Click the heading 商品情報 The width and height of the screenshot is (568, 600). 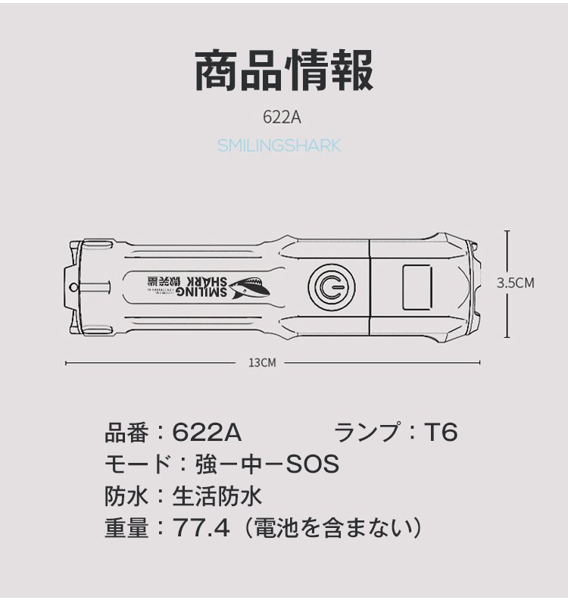point(284,72)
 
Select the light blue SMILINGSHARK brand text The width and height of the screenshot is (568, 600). point(279,145)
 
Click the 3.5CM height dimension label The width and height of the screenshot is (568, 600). point(516,283)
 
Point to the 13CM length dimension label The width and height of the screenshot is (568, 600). point(262,363)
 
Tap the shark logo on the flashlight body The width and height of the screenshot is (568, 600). point(247,286)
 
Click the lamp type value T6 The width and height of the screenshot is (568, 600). point(440,433)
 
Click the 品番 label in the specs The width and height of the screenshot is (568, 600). point(126,433)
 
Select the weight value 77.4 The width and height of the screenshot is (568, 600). point(201,527)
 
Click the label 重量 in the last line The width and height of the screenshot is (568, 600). point(126,527)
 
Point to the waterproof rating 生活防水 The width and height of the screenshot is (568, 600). point(217,495)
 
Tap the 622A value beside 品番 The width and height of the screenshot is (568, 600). point(207,433)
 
